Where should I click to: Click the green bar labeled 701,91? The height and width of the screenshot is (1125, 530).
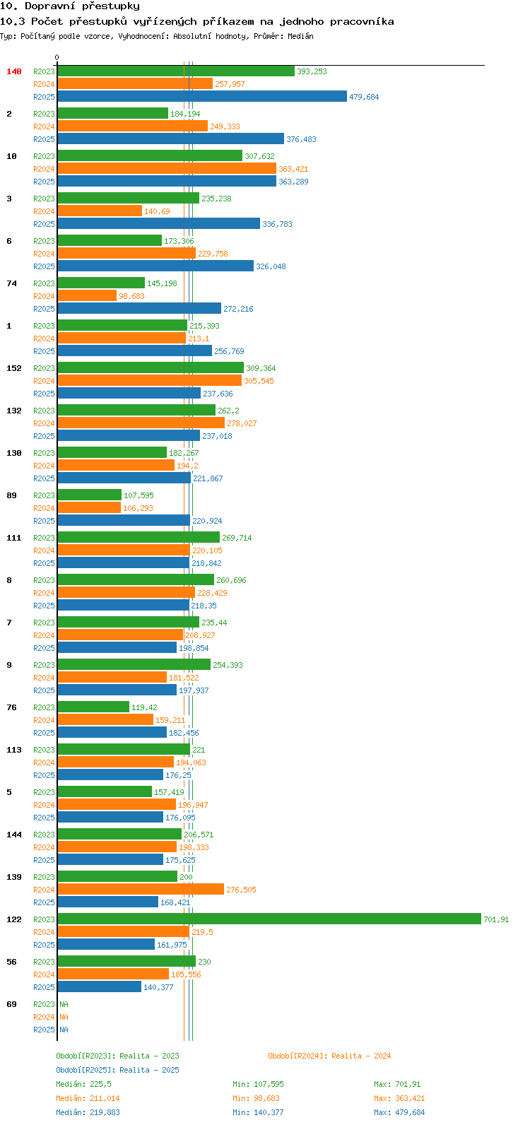click(269, 919)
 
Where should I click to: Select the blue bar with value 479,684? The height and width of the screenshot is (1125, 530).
click(202, 96)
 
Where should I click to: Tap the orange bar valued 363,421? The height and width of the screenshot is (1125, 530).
click(167, 168)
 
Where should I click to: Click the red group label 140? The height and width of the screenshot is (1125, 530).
click(14, 71)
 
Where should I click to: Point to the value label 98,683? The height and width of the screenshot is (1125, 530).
click(131, 296)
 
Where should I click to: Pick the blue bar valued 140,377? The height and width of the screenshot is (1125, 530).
click(99, 986)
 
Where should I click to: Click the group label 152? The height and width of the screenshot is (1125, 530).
click(14, 368)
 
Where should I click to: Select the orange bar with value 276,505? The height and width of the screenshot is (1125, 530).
click(141, 889)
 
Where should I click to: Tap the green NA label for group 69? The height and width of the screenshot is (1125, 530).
click(64, 1004)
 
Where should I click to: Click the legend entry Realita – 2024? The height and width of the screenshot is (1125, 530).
click(329, 1056)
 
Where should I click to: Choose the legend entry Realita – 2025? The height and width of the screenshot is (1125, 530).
click(117, 1070)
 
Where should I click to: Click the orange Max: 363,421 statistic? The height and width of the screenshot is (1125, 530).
click(399, 1098)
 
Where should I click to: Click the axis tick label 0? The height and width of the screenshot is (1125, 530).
click(57, 58)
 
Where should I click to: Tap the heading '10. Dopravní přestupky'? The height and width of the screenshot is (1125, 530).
click(70, 6)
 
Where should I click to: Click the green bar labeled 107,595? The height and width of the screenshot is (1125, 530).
click(89, 495)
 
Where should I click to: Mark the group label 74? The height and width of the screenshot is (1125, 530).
click(11, 283)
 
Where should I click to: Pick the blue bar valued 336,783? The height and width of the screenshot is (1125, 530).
click(158, 223)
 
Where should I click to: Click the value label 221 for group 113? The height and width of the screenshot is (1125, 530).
click(199, 750)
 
